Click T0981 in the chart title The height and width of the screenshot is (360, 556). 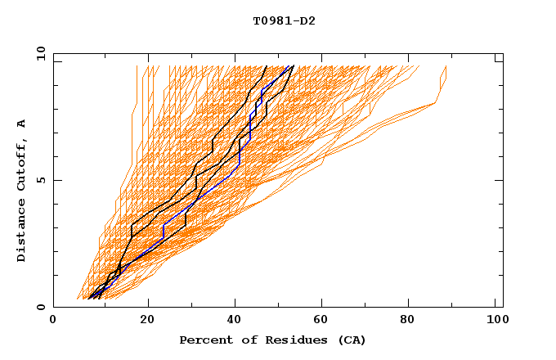(270, 21)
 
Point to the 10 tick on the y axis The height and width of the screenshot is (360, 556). (39, 53)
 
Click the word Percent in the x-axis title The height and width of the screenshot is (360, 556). (203, 340)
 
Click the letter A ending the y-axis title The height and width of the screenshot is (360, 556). (21, 123)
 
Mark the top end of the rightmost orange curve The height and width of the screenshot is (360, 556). (446, 66)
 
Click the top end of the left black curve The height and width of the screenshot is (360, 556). (267, 66)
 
